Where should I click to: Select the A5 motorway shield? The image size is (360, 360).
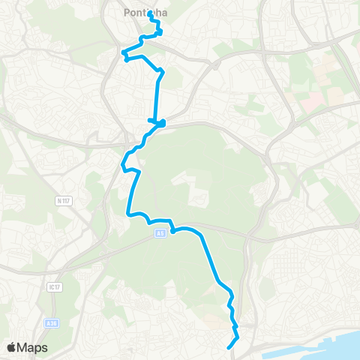[x=160, y=234]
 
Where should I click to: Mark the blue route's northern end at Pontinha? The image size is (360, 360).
[x=151, y=13]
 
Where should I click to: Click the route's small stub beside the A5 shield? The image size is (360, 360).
[x=172, y=231]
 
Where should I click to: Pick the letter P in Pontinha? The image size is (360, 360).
[x=124, y=11]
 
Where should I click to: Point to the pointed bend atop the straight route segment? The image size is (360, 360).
[x=160, y=70]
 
